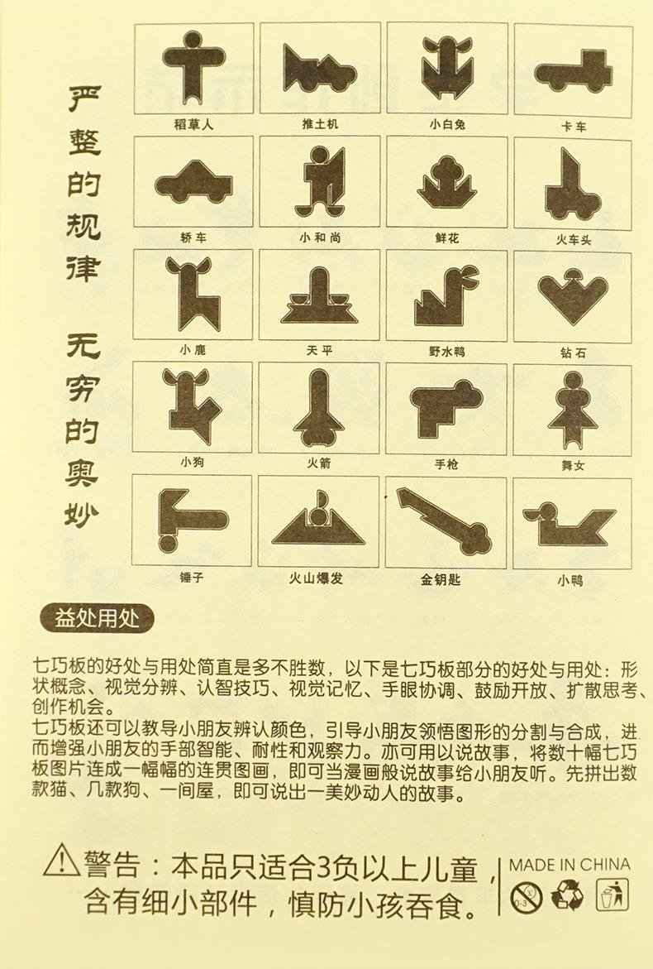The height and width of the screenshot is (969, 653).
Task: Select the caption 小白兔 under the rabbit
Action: [447, 124]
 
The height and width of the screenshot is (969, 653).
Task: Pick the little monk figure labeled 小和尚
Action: [319, 180]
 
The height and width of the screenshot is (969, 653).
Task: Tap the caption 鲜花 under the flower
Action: [447, 238]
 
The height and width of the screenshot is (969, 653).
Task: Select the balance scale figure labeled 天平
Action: [319, 298]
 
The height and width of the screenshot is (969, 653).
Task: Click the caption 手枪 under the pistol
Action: [447, 464]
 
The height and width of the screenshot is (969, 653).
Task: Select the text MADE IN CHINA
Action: [569, 864]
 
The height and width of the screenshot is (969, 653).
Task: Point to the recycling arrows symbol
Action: [569, 895]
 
